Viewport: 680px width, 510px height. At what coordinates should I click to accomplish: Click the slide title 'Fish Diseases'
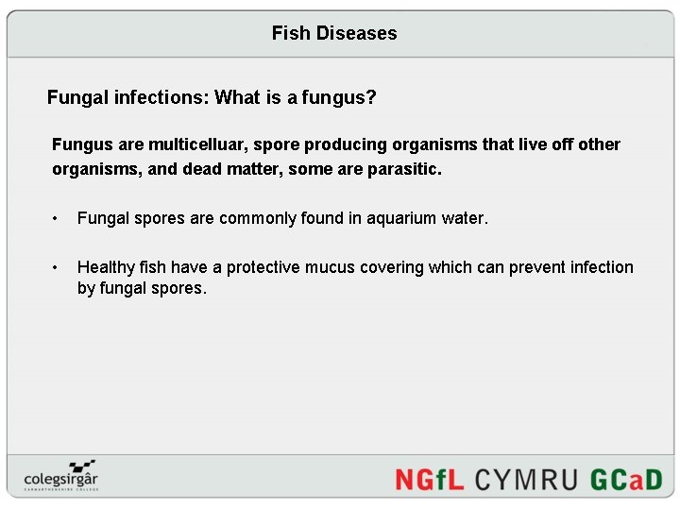(x=334, y=33)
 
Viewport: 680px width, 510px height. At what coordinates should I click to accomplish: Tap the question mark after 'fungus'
(x=371, y=97)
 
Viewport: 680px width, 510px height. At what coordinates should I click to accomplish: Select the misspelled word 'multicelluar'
(x=197, y=144)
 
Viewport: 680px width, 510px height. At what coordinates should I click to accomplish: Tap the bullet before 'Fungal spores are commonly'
(x=58, y=218)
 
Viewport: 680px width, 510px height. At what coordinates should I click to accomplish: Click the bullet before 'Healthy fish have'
(x=58, y=267)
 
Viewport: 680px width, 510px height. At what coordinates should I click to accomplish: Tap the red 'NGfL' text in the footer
(x=429, y=479)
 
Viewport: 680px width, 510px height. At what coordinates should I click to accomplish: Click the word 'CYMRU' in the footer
(x=526, y=479)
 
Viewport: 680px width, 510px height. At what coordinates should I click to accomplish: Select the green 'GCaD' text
(x=626, y=479)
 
